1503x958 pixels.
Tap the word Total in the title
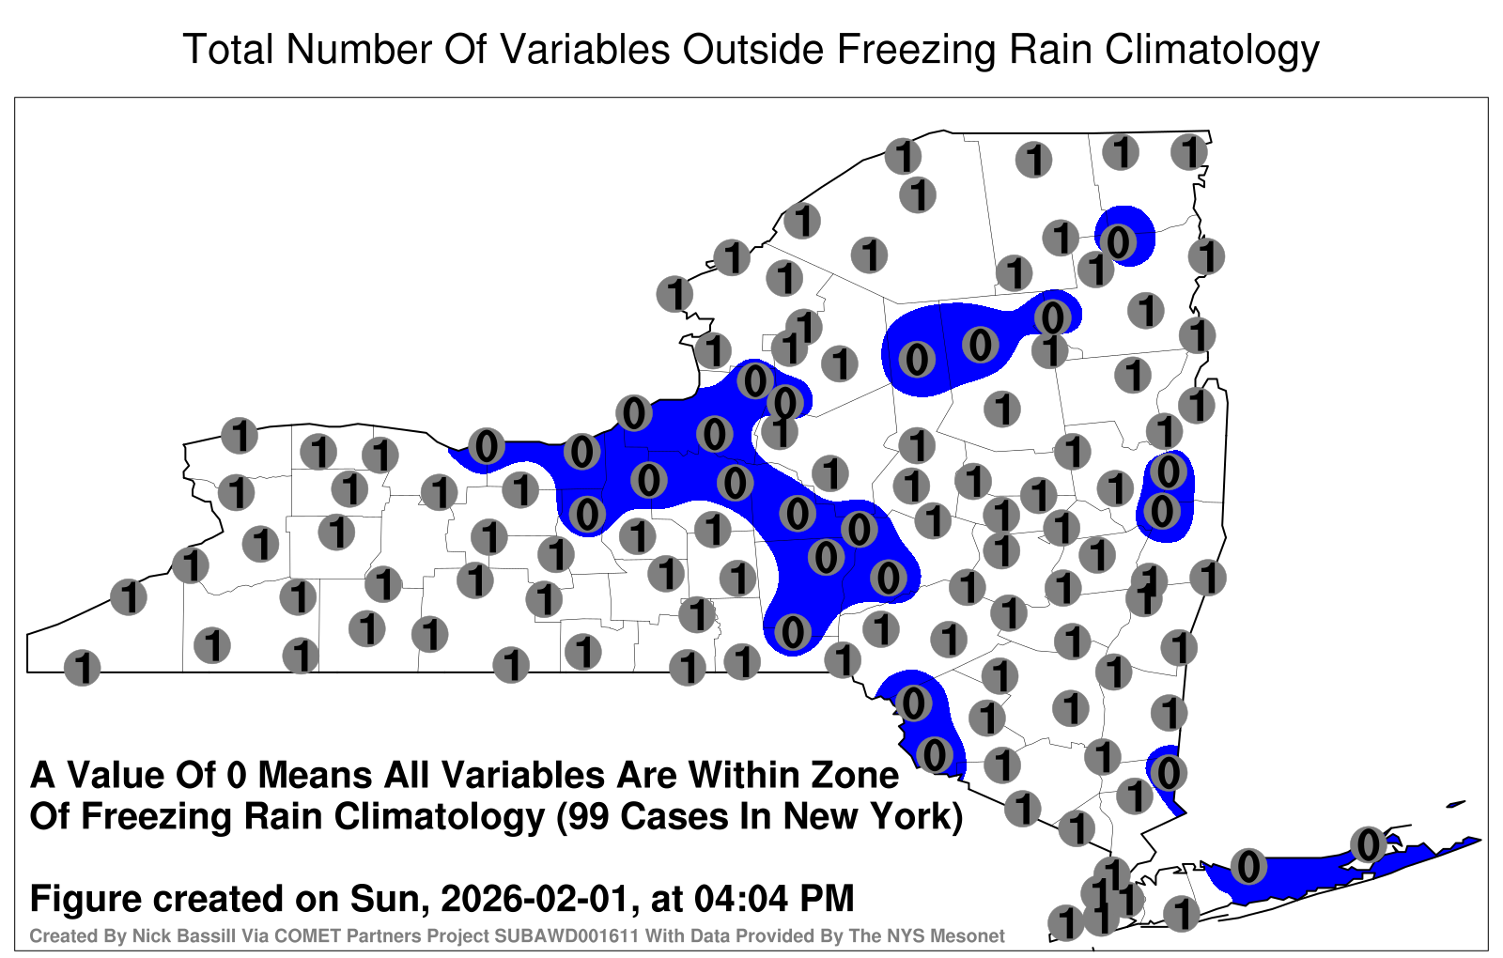point(228,50)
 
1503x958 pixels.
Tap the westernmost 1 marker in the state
point(83,668)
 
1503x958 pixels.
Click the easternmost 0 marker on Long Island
point(1368,844)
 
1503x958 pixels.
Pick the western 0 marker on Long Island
point(1248,866)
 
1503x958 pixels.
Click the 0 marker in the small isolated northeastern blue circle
point(1118,241)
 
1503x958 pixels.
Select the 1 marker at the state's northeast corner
point(1189,152)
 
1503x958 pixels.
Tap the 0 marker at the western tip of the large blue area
point(487,447)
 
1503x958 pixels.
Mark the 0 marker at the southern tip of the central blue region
point(793,632)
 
